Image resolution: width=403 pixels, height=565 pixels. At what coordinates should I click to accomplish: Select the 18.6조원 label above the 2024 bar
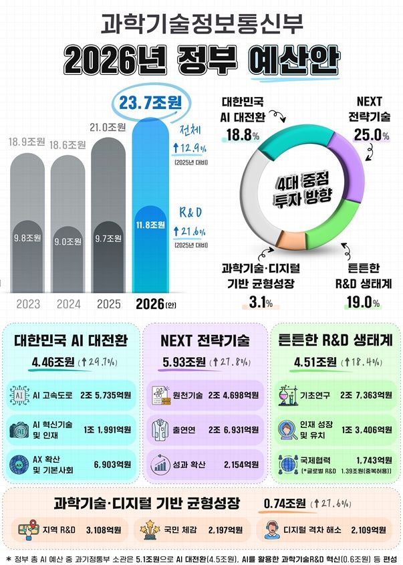coord(68,144)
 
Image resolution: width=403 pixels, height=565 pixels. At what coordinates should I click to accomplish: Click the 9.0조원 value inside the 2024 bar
coord(68,241)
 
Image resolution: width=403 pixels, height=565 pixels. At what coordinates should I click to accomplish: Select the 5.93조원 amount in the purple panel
coord(184,363)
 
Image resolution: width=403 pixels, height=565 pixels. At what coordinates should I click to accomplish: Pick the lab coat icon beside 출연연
coord(160,427)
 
